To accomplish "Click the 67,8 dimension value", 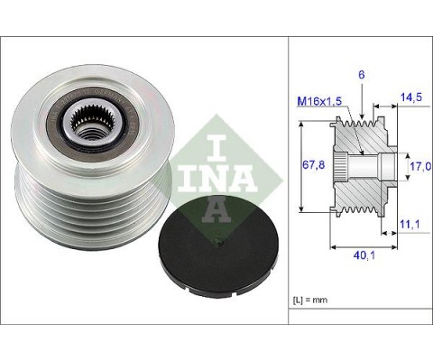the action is [x=313, y=165].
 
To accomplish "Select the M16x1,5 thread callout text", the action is [x=319, y=101].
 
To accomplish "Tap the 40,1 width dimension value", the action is [x=364, y=255].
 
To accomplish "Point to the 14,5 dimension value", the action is [x=411, y=97].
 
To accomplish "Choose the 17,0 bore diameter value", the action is [x=421, y=166].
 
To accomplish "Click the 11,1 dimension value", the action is [x=410, y=224].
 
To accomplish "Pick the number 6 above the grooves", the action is [x=362, y=75].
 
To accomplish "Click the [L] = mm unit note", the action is [x=310, y=300].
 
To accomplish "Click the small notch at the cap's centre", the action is [x=218, y=242].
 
